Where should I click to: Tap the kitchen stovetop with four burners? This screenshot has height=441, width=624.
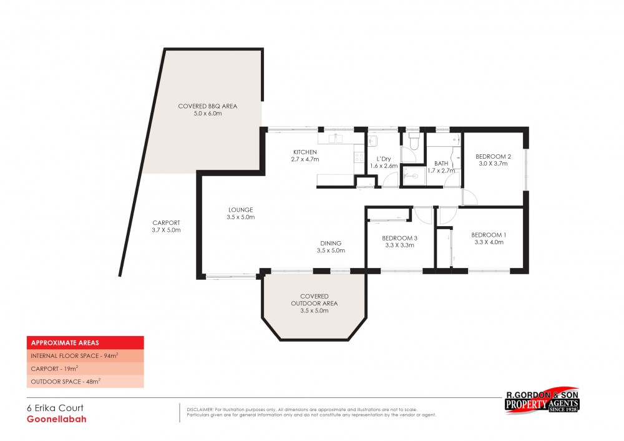(359, 157)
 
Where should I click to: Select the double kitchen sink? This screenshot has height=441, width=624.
(336, 139)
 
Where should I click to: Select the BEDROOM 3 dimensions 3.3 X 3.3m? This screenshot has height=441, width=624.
(399, 245)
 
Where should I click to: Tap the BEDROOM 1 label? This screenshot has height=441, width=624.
(489, 234)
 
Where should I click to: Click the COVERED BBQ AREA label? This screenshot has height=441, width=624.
(208, 106)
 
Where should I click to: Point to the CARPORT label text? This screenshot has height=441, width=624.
(166, 222)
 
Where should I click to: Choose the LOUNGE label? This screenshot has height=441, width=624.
(240, 209)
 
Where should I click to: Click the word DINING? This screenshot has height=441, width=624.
(331, 243)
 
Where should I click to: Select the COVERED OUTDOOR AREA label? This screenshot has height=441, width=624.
(314, 300)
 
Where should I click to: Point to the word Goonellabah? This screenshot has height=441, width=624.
(56, 419)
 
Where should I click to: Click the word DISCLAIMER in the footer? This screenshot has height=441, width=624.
(200, 410)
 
